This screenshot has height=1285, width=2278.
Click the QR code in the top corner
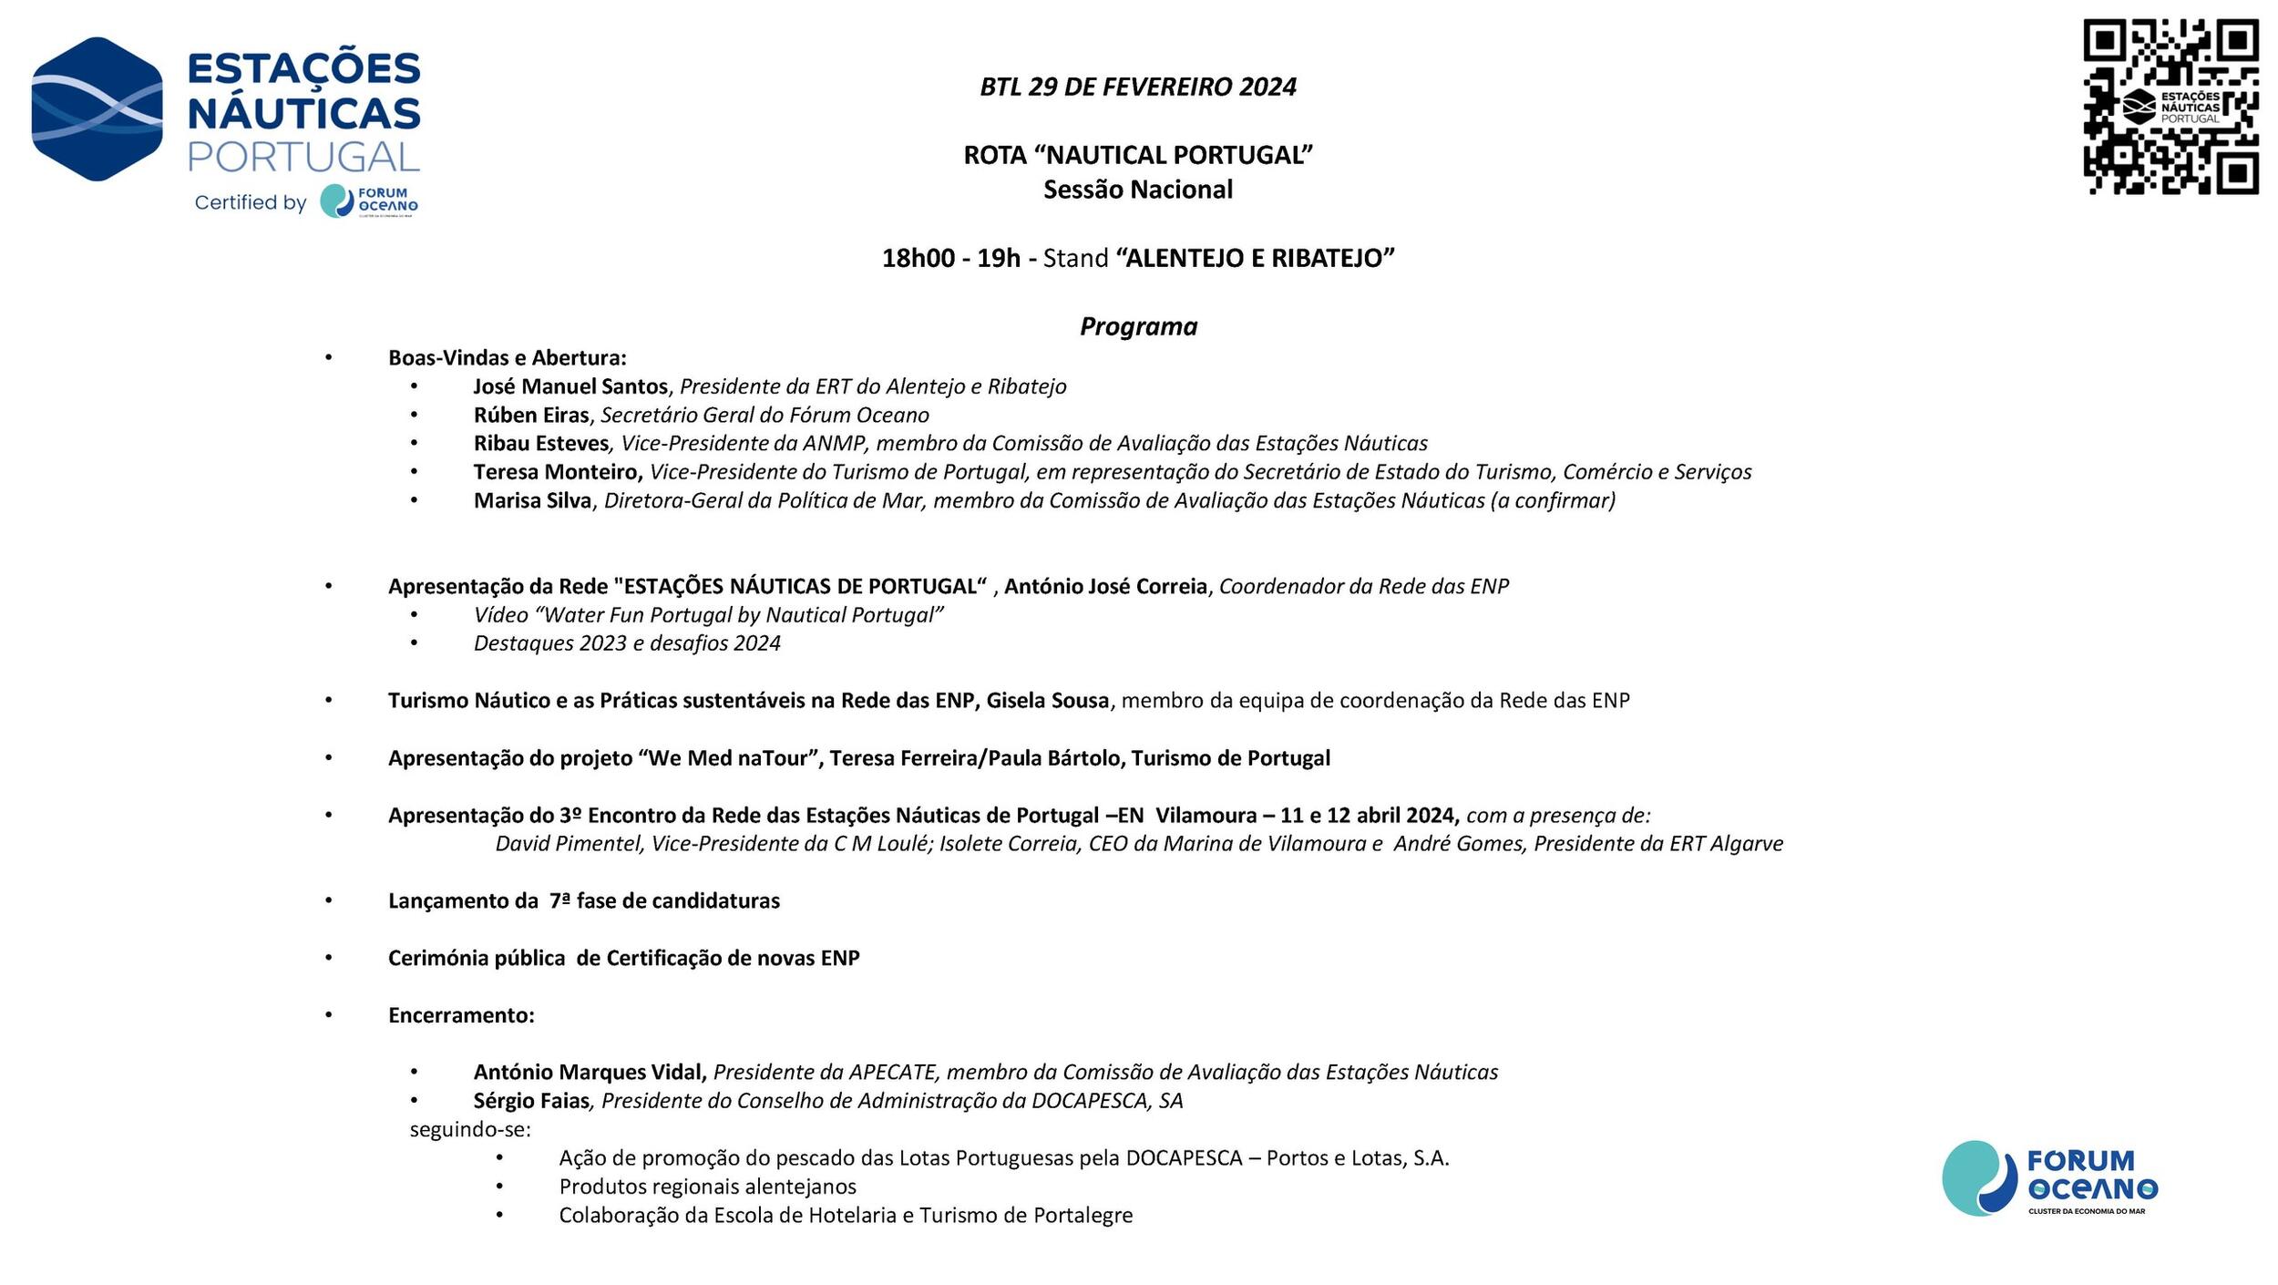tap(2170, 107)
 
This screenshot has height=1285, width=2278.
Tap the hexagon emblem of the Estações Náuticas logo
tap(97, 108)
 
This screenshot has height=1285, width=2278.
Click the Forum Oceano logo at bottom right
tap(2049, 1177)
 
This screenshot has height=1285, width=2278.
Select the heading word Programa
tap(1138, 326)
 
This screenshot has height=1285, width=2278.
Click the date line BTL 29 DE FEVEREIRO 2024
tap(1138, 87)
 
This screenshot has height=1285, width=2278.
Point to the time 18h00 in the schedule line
tap(918, 258)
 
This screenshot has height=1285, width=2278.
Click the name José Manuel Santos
tap(570, 386)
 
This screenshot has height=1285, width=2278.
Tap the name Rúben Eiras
tap(531, 416)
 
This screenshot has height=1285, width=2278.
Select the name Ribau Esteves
tap(540, 444)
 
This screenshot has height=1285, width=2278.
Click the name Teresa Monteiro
tap(557, 472)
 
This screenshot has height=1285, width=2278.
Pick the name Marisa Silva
tap(532, 500)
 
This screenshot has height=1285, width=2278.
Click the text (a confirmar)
tap(1553, 500)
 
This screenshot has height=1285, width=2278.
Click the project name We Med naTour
tap(728, 758)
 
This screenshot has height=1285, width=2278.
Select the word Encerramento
tap(461, 1015)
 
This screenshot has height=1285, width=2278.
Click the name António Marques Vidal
tap(589, 1073)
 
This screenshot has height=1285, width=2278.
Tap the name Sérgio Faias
tap(531, 1101)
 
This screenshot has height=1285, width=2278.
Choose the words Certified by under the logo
tap(251, 202)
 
